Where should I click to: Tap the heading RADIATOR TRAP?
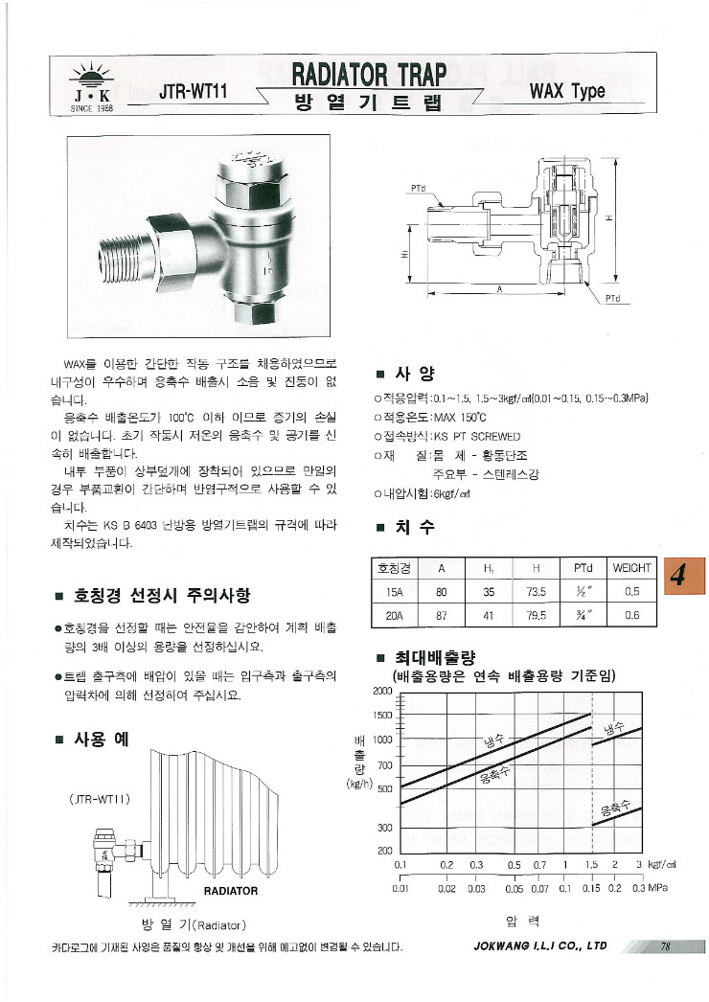(369, 74)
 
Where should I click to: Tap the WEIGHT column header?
(631, 568)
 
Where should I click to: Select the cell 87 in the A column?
(441, 616)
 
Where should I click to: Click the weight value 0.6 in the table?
(631, 616)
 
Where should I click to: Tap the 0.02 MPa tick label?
(446, 888)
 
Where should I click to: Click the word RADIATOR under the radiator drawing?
(231, 891)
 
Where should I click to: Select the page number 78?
(664, 946)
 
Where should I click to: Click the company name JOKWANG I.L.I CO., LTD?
(540, 946)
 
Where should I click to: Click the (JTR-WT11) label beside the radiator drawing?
(100, 799)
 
